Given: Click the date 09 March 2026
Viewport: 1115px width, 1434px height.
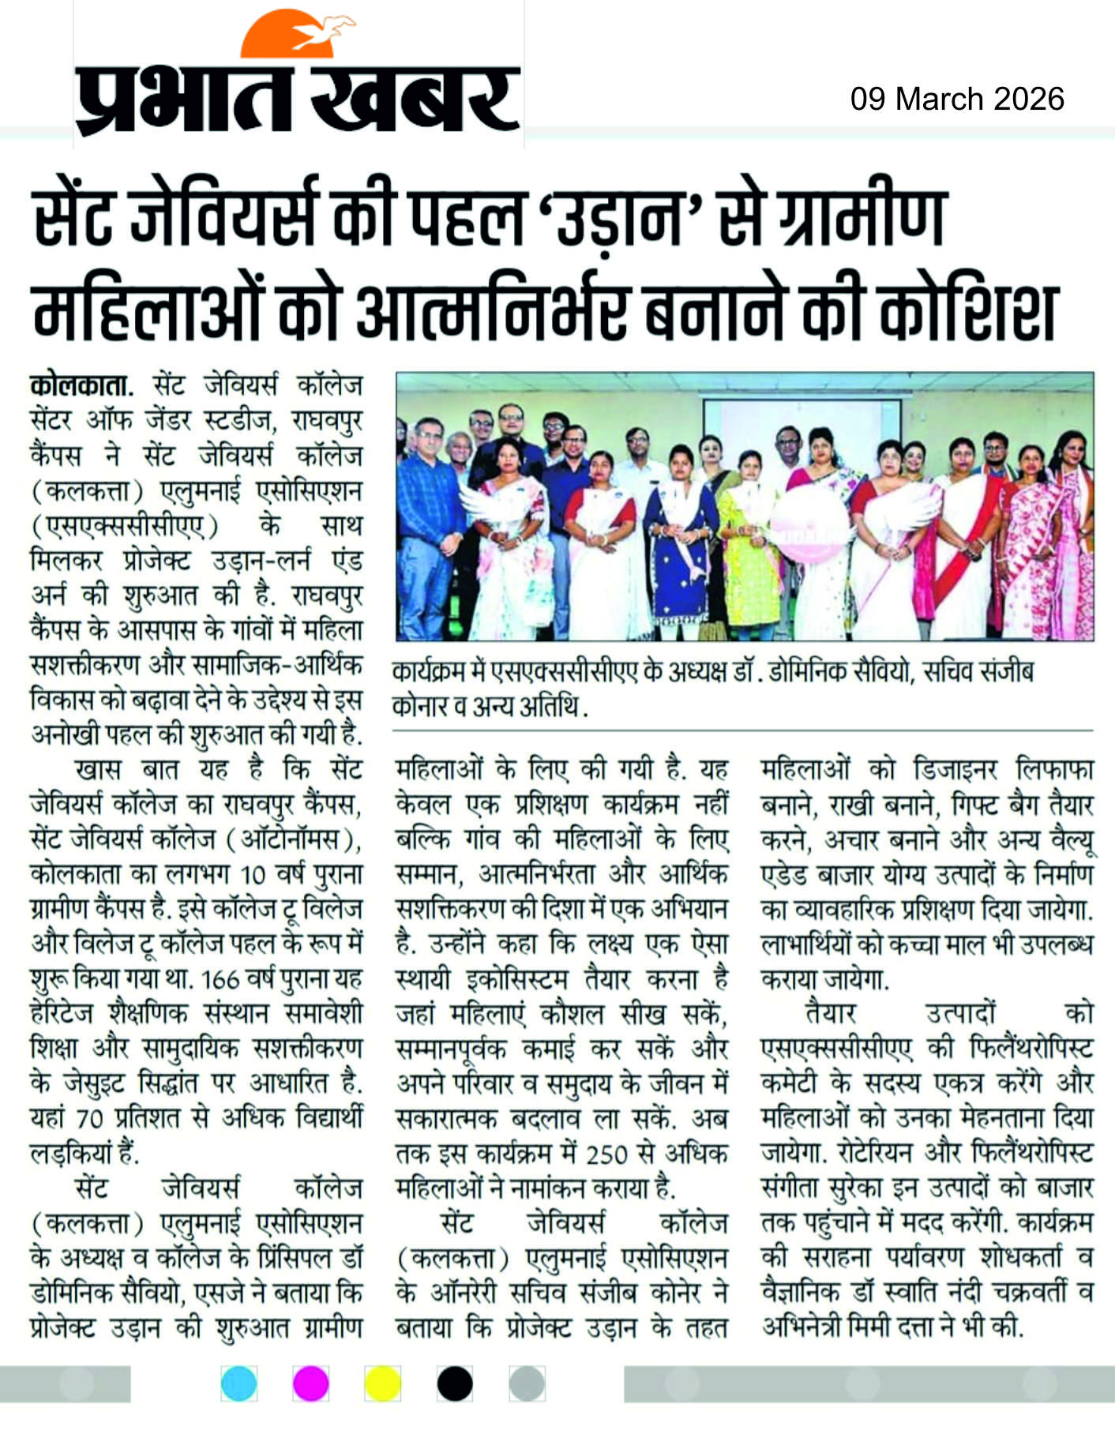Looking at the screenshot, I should click(x=957, y=99).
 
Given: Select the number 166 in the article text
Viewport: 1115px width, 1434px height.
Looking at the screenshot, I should click(x=220, y=980).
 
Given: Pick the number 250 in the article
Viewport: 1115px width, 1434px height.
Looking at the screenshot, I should click(x=606, y=1154).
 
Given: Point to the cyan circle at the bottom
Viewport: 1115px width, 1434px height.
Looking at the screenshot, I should click(x=238, y=1383).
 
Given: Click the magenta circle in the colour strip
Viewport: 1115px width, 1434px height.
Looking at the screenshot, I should click(x=310, y=1383).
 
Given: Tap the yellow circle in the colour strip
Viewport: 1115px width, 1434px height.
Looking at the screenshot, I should click(x=382, y=1383).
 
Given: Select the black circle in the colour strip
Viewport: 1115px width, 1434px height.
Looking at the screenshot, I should click(x=454, y=1383).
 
